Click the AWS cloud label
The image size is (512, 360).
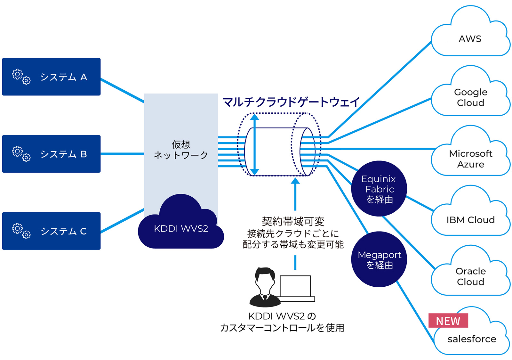tap(470, 39)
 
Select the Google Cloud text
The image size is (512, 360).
tap(470, 97)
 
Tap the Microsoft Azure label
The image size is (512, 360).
tap(470, 159)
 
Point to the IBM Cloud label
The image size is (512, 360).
tap(470, 220)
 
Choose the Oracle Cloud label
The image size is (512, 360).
tap(470, 276)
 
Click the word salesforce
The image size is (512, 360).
tap(472, 339)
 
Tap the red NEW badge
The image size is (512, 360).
tap(448, 321)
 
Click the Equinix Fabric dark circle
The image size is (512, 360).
tap(379, 189)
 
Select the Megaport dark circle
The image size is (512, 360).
tap(379, 259)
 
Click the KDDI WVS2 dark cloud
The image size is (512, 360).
tap(181, 228)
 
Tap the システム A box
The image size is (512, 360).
tap(51, 77)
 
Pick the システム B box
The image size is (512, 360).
tap(51, 154)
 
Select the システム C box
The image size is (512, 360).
tap(51, 231)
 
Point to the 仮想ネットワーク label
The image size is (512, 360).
tap(181, 150)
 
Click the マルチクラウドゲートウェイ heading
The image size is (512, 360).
tap(291, 102)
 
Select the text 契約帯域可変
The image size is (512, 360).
tap(293, 221)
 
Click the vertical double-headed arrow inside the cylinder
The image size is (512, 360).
tap(254, 145)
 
